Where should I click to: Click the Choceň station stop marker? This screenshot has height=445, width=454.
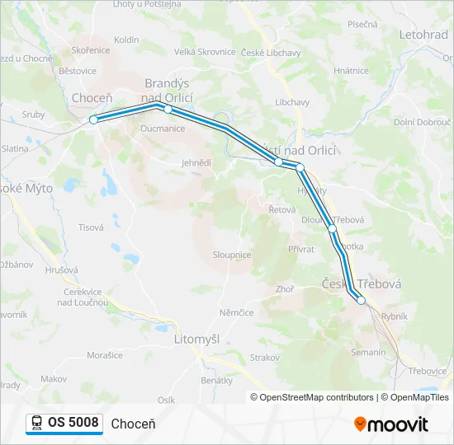(x=93, y=119)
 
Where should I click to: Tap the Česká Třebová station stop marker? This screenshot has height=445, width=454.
(x=361, y=301)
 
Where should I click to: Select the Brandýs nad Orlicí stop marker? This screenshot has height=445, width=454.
(x=168, y=109)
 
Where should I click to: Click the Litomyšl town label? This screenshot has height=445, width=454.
(x=197, y=339)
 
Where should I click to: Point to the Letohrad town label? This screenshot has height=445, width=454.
(x=423, y=35)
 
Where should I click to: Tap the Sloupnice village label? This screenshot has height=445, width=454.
(x=232, y=255)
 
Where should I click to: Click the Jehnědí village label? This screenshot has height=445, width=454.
(x=196, y=163)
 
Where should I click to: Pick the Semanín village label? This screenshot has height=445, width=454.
(x=368, y=352)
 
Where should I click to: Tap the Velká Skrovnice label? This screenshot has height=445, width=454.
(x=205, y=52)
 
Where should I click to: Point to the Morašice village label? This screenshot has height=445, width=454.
(x=105, y=355)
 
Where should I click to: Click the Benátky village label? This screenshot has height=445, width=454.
(x=217, y=380)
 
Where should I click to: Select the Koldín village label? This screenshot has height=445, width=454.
(x=126, y=40)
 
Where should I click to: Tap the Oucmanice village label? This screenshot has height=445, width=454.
(x=163, y=129)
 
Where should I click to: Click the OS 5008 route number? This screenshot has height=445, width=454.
(x=73, y=423)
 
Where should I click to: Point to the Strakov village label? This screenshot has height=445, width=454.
(x=265, y=357)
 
